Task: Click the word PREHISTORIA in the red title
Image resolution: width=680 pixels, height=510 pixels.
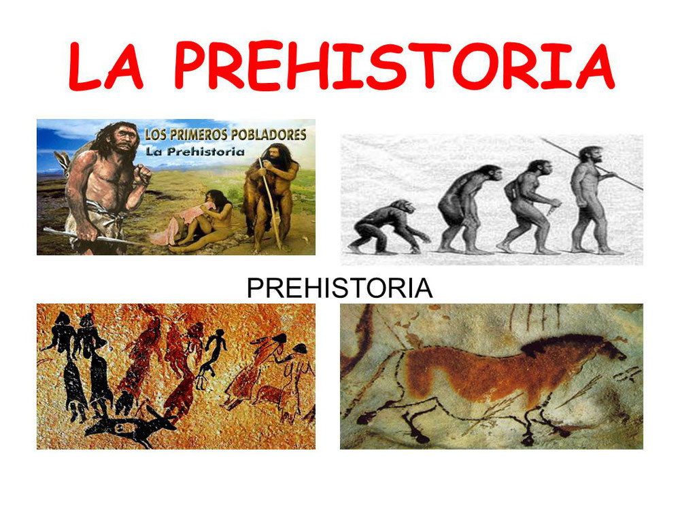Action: [394, 65]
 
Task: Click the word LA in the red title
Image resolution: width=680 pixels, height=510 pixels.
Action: [106, 66]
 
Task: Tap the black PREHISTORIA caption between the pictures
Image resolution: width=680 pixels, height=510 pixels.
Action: [339, 288]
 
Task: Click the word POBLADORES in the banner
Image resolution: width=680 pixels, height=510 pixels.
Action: [268, 135]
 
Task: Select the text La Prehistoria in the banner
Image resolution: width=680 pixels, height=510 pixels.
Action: [194, 152]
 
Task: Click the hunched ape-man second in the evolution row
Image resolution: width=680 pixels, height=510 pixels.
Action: [469, 209]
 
